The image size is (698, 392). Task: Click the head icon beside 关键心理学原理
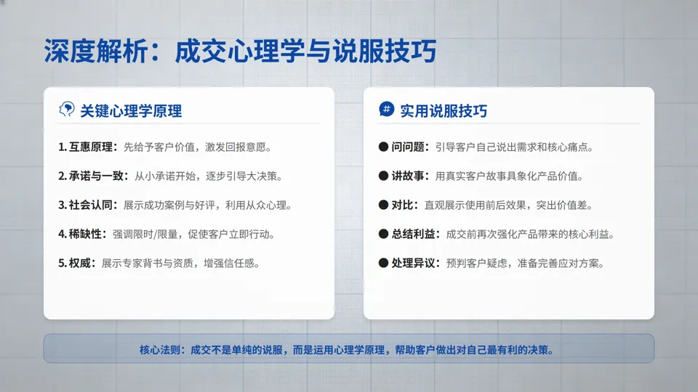[67, 110]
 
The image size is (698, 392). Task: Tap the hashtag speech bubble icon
[387, 110]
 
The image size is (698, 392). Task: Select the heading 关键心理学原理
[131, 111]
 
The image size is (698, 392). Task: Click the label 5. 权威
[76, 264]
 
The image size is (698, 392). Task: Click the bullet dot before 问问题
[384, 147]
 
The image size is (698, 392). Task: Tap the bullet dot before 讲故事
[384, 176]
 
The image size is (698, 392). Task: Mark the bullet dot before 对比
[384, 205]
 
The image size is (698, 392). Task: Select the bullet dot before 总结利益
[384, 234]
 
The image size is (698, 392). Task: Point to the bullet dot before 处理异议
[384, 263]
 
